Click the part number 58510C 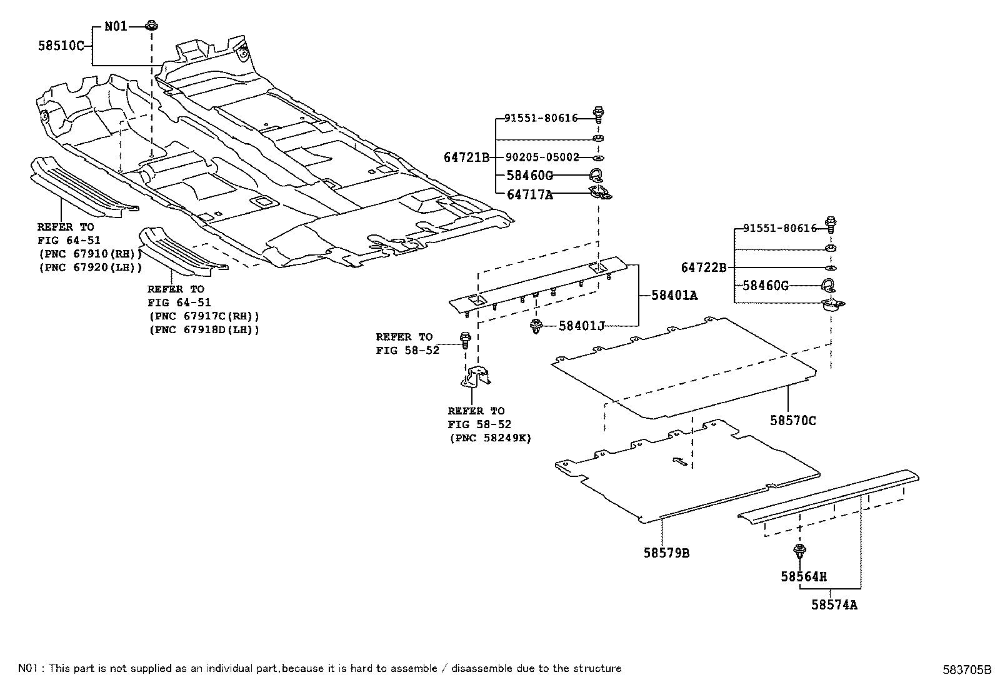(x=60, y=46)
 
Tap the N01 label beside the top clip (x=115, y=26)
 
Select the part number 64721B (x=466, y=158)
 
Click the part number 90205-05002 (x=541, y=158)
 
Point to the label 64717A (x=529, y=194)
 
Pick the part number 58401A (x=674, y=295)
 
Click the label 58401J (x=581, y=325)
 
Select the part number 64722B (x=703, y=268)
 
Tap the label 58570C (x=792, y=421)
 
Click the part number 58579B (x=666, y=553)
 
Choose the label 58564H (x=803, y=576)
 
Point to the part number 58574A (x=834, y=605)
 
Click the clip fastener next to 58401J (x=536, y=326)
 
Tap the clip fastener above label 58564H (x=799, y=552)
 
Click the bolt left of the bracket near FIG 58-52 (x=465, y=339)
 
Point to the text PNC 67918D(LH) (x=204, y=329)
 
